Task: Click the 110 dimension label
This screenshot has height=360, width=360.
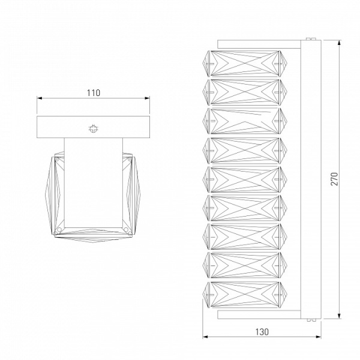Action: point(94,93)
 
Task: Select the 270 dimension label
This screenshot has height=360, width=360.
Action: point(335,179)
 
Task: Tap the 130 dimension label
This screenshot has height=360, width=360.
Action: point(262,332)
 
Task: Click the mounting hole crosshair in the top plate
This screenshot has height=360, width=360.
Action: point(93,129)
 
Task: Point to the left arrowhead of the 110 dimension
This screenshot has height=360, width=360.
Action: point(40,98)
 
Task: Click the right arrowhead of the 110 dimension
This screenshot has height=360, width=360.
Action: point(147,98)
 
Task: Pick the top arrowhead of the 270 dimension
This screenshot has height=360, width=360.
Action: point(340,43)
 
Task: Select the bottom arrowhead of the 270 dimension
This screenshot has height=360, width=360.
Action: point(340,316)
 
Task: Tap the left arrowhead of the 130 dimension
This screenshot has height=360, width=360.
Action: point(205,337)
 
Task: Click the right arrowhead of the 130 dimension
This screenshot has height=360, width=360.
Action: point(318,337)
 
